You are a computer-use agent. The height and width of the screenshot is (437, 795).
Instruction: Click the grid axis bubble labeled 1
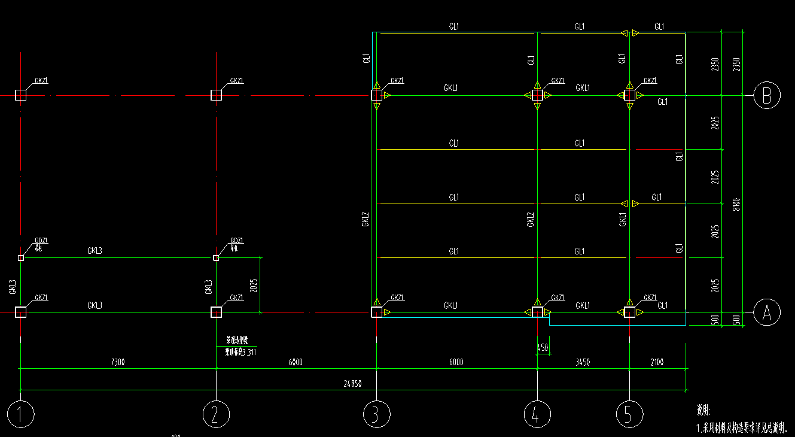(21, 414)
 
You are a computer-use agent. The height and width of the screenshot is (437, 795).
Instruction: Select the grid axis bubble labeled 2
(216, 414)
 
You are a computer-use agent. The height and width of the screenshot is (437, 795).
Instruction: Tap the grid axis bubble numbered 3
(377, 414)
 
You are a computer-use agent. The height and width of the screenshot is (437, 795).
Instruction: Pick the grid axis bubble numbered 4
(537, 414)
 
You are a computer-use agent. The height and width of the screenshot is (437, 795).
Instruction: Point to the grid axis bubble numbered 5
(630, 414)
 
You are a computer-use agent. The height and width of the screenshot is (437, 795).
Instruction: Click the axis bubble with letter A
(767, 312)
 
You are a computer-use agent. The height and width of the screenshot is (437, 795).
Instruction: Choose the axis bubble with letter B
(767, 95)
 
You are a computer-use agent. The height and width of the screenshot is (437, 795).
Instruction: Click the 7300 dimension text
(118, 363)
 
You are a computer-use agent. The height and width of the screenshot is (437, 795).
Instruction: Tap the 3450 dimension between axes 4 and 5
(583, 363)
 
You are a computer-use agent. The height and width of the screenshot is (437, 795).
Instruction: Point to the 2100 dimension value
(657, 363)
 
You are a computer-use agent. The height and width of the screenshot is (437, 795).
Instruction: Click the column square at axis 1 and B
(21, 95)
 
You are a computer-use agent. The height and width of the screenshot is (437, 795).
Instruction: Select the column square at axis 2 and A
(216, 312)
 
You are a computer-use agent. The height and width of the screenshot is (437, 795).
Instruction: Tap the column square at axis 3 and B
(377, 95)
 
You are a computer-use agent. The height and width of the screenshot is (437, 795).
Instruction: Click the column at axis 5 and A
(630, 312)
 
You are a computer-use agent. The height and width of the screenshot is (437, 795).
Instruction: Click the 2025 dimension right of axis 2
(254, 285)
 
